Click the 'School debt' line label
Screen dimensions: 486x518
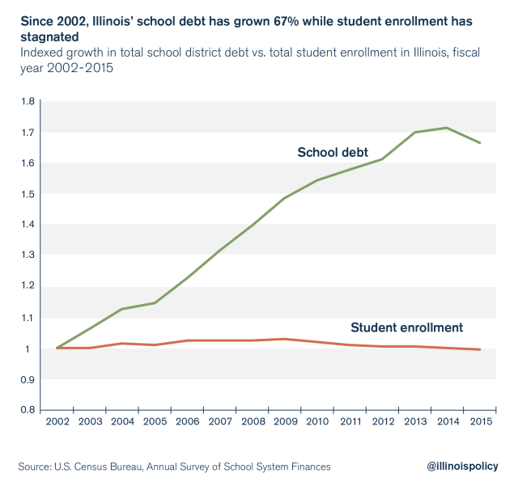point(333,152)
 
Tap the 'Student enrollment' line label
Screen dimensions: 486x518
point(406,328)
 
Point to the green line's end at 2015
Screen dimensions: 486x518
point(480,143)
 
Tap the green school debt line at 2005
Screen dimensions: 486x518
point(154,303)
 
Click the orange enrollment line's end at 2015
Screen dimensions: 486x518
point(480,349)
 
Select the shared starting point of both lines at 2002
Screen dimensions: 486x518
point(56,348)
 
